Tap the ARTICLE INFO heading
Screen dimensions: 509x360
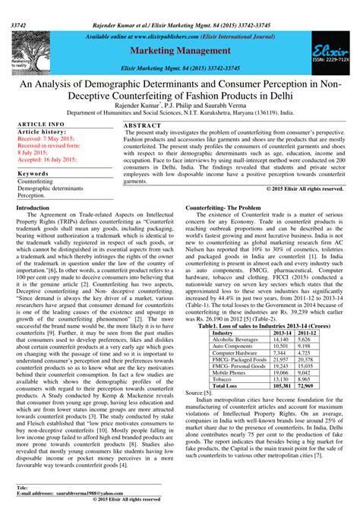(40, 123)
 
